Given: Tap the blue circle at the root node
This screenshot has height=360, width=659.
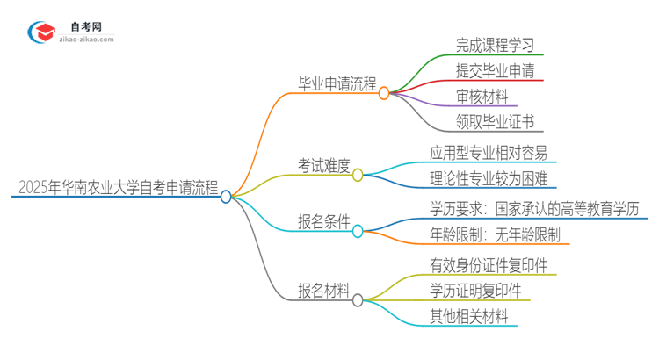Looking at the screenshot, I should (x=226, y=197).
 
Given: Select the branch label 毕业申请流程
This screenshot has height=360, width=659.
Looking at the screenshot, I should (x=337, y=84).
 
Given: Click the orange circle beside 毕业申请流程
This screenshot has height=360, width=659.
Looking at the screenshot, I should (x=384, y=92).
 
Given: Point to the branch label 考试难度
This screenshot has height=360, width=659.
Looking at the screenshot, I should (x=324, y=164).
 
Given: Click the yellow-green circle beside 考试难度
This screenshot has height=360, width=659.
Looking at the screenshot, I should (x=358, y=175).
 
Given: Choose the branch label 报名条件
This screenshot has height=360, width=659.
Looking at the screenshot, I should (x=324, y=222).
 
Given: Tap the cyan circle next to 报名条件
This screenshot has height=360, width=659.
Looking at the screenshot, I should (x=358, y=232).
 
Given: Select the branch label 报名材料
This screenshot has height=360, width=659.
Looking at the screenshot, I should (x=324, y=289).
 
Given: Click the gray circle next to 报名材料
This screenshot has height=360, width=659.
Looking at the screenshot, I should (x=358, y=300).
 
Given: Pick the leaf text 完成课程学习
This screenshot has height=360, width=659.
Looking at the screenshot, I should (x=495, y=44).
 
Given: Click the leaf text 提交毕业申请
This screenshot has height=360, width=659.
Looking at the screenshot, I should (x=495, y=70).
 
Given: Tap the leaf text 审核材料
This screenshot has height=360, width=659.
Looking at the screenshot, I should (x=482, y=96).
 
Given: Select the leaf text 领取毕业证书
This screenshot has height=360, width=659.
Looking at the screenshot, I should (x=495, y=122).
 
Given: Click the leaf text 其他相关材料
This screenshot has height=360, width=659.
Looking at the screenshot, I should (x=468, y=315).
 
